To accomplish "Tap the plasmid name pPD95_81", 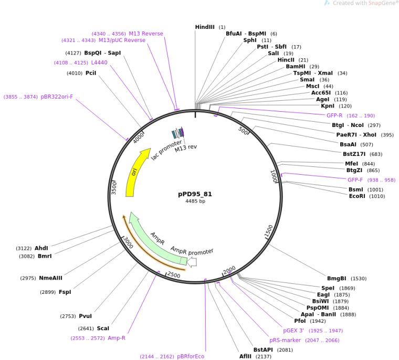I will point(195,194).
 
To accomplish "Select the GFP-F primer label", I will point(355,180).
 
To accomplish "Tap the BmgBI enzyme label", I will point(337,279).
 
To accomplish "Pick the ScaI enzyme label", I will point(103,329).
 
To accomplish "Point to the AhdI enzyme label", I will point(41,248).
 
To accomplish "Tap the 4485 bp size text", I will point(195,201).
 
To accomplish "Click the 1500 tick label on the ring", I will point(268,231).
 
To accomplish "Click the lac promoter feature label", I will point(166,150).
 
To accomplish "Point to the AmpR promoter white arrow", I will point(192,261).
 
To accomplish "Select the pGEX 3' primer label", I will point(293,331).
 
